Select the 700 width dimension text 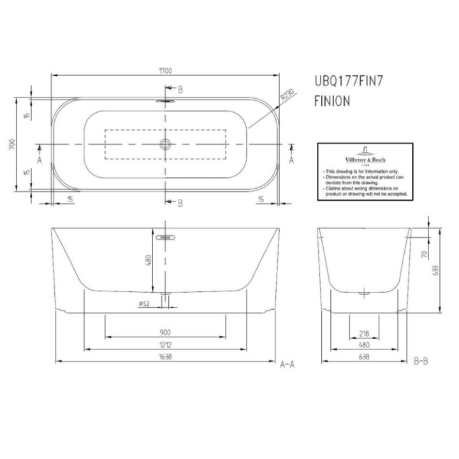coord(11,145)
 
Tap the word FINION coord(332,100)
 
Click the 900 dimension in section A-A coord(165,331)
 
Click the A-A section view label coord(288,365)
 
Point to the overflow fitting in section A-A coord(166,237)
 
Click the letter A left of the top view coord(40,160)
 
